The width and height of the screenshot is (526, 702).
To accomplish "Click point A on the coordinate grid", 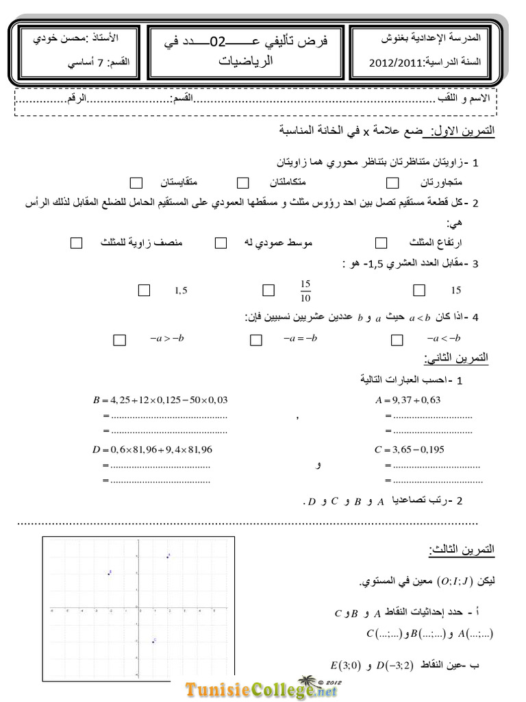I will click(x=167, y=556).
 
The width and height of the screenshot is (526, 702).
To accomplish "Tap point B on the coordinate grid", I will click(x=109, y=572).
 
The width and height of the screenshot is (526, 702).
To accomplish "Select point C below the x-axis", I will click(x=153, y=642).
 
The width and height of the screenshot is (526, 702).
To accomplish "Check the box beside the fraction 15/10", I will click(x=268, y=290).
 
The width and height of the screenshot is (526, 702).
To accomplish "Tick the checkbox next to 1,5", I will click(x=144, y=290).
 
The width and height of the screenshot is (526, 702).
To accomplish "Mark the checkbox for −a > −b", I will click(x=120, y=339).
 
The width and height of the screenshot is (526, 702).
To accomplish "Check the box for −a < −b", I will click(x=397, y=339).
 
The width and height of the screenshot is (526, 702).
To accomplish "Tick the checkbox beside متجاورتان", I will click(x=392, y=182).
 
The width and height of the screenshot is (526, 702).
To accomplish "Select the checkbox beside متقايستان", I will click(x=136, y=182).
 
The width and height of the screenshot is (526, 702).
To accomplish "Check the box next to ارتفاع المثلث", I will click(x=381, y=243).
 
